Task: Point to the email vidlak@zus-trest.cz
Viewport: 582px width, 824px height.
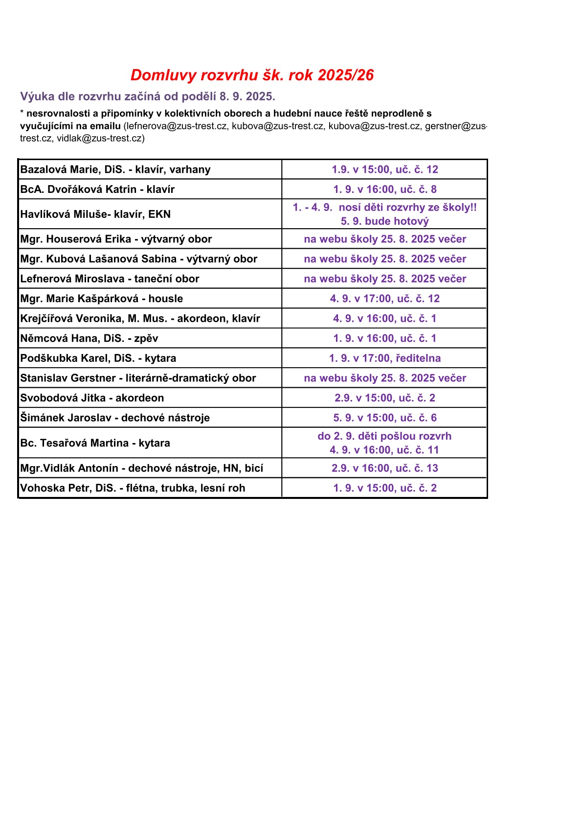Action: click(100, 139)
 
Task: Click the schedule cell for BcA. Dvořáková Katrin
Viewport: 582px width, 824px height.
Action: click(384, 189)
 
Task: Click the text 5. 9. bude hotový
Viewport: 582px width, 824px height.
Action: click(384, 221)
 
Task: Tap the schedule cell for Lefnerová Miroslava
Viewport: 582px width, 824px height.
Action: click(384, 279)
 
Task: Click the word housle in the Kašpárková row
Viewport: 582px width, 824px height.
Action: click(165, 299)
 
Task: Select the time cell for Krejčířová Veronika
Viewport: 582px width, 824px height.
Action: click(384, 318)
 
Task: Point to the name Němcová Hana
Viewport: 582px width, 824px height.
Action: click(61, 338)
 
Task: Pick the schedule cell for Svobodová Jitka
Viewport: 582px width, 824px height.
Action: click(384, 398)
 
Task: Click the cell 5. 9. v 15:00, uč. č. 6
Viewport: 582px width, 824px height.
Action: click(384, 418)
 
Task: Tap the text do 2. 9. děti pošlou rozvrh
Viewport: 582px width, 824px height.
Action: click(384, 436)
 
